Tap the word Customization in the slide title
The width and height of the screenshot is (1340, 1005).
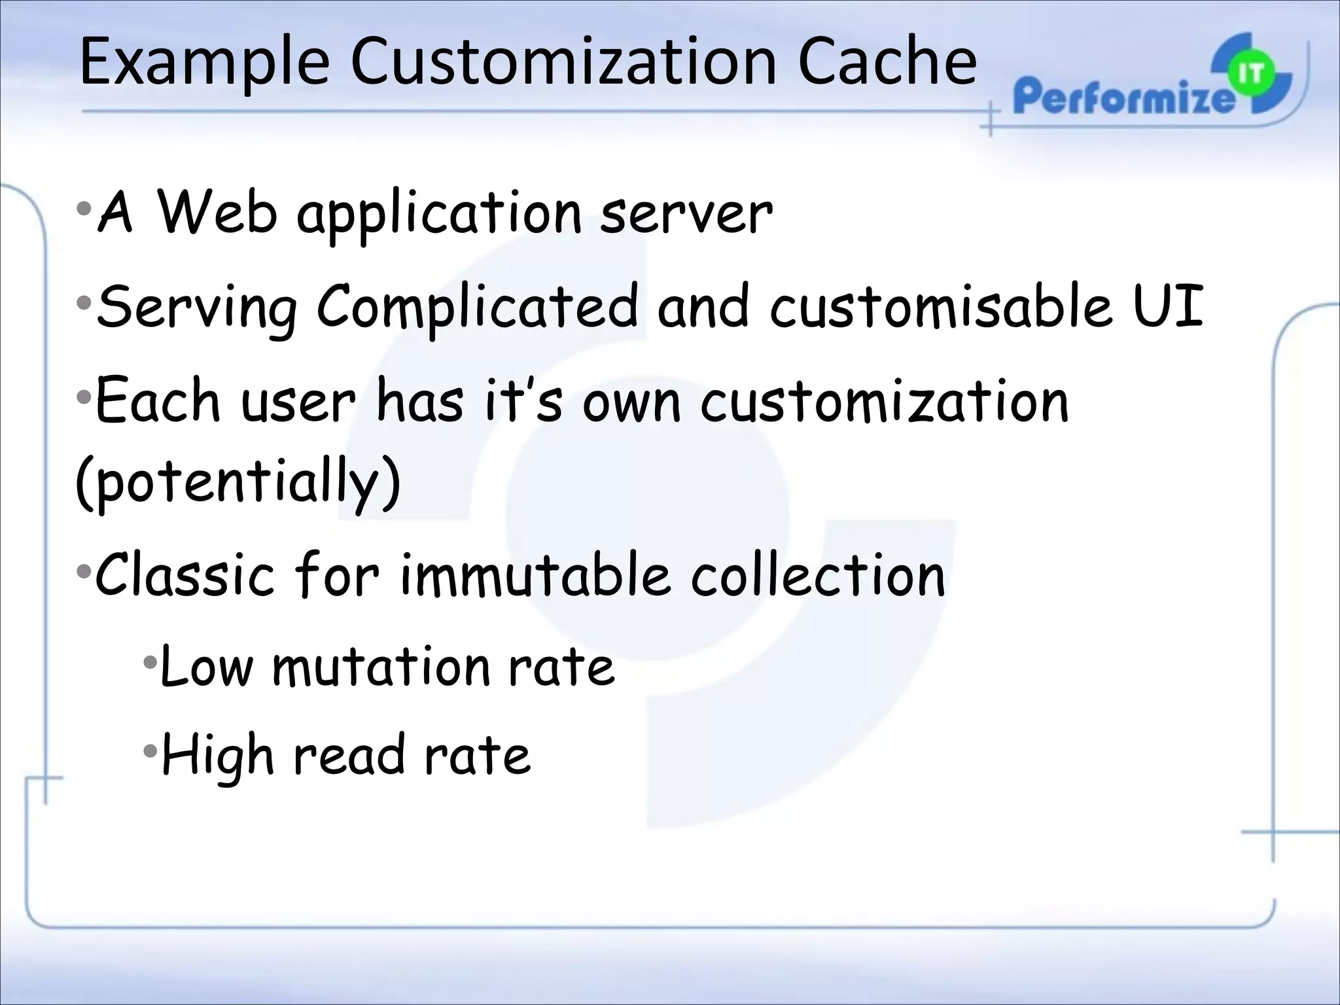tap(563, 62)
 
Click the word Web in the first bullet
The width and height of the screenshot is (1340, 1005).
tap(218, 213)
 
